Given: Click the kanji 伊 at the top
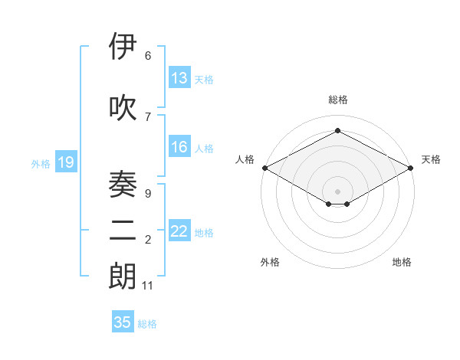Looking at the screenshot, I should [123, 47].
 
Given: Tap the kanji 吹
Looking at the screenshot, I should [123, 108].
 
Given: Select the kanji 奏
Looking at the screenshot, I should [123, 182].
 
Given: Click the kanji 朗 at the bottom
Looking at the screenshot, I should [123, 275].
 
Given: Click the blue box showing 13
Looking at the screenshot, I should [179, 78].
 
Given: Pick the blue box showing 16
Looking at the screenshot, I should [179, 147].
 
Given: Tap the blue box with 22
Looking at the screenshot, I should [179, 231].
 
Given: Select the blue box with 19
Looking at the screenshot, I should [66, 162].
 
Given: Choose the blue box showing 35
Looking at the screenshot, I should [123, 322].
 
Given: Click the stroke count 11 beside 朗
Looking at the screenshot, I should [148, 286].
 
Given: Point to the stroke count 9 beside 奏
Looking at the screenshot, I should [147, 193].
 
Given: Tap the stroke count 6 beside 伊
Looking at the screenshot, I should [147, 56].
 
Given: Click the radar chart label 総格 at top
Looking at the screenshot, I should [337, 100].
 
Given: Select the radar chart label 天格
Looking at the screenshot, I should [431, 159].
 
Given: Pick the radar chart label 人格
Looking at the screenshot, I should [245, 159].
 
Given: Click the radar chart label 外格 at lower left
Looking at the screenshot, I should [270, 262].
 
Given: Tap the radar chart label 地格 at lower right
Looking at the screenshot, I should [402, 262].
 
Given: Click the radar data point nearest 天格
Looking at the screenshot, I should [412, 167].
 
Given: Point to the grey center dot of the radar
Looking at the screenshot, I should [337, 191].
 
